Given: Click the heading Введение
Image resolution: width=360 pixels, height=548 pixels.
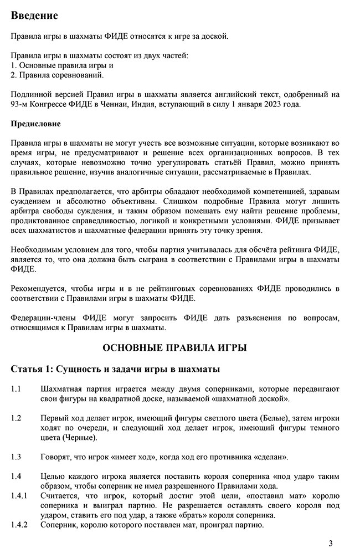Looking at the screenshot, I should click(x=34, y=15).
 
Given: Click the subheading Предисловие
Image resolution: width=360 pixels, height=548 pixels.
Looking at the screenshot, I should click(x=35, y=123).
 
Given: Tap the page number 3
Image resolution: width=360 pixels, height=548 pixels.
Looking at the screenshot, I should click(x=331, y=542).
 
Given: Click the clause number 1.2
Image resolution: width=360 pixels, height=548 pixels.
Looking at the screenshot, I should click(x=16, y=418).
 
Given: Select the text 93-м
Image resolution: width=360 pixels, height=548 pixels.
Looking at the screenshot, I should click(x=19, y=104).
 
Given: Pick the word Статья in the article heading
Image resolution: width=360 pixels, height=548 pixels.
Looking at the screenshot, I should click(x=27, y=369).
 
